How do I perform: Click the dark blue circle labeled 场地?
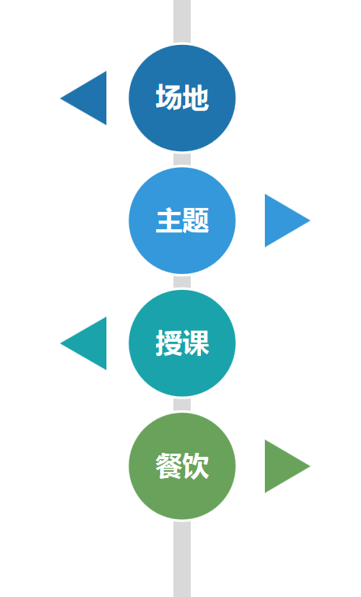click(x=182, y=98)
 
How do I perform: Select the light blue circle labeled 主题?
click(x=182, y=221)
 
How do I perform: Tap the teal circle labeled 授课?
click(x=182, y=343)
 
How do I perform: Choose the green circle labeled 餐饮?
click(x=182, y=466)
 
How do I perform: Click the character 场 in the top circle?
click(x=169, y=98)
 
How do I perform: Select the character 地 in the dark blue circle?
click(x=195, y=98)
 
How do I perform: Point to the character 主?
click(x=169, y=221)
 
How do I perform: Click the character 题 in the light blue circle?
click(x=195, y=221)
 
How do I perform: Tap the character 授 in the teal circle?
click(x=169, y=343)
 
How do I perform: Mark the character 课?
click(x=195, y=343)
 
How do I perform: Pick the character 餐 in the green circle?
click(x=169, y=466)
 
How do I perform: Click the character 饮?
click(x=195, y=466)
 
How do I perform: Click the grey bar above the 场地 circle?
click(x=182, y=21)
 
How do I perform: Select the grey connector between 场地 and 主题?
click(x=182, y=159)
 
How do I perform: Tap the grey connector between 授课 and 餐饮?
click(x=182, y=405)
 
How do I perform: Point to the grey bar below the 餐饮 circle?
click(x=182, y=559)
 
